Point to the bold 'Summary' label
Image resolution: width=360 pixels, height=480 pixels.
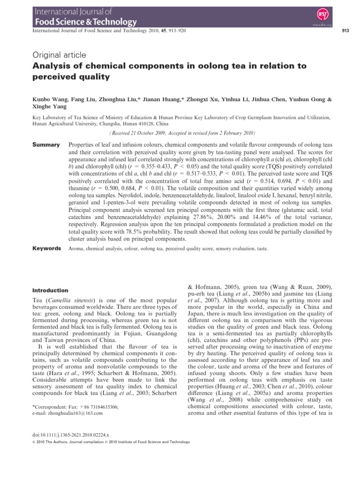[45, 145]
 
